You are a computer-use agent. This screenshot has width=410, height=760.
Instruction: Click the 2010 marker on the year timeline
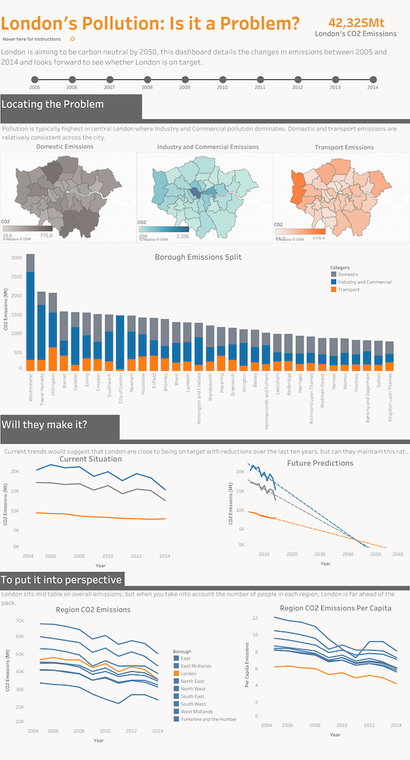(x=222, y=80)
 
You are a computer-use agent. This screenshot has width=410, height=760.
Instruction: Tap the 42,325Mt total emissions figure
(x=355, y=22)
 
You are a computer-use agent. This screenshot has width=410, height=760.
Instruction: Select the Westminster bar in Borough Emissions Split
(x=30, y=312)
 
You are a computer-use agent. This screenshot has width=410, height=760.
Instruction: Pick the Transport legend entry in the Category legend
(x=346, y=290)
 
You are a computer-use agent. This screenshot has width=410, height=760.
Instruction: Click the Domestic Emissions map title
(x=65, y=147)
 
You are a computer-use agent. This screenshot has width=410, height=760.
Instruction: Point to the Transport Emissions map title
(x=344, y=147)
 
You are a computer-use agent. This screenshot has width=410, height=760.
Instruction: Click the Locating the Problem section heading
(x=53, y=105)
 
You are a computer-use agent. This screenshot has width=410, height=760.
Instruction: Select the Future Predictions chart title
(x=320, y=463)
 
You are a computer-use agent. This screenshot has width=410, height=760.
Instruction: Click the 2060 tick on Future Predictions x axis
(x=397, y=554)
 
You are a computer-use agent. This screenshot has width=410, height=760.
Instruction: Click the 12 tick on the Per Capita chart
(x=256, y=618)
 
